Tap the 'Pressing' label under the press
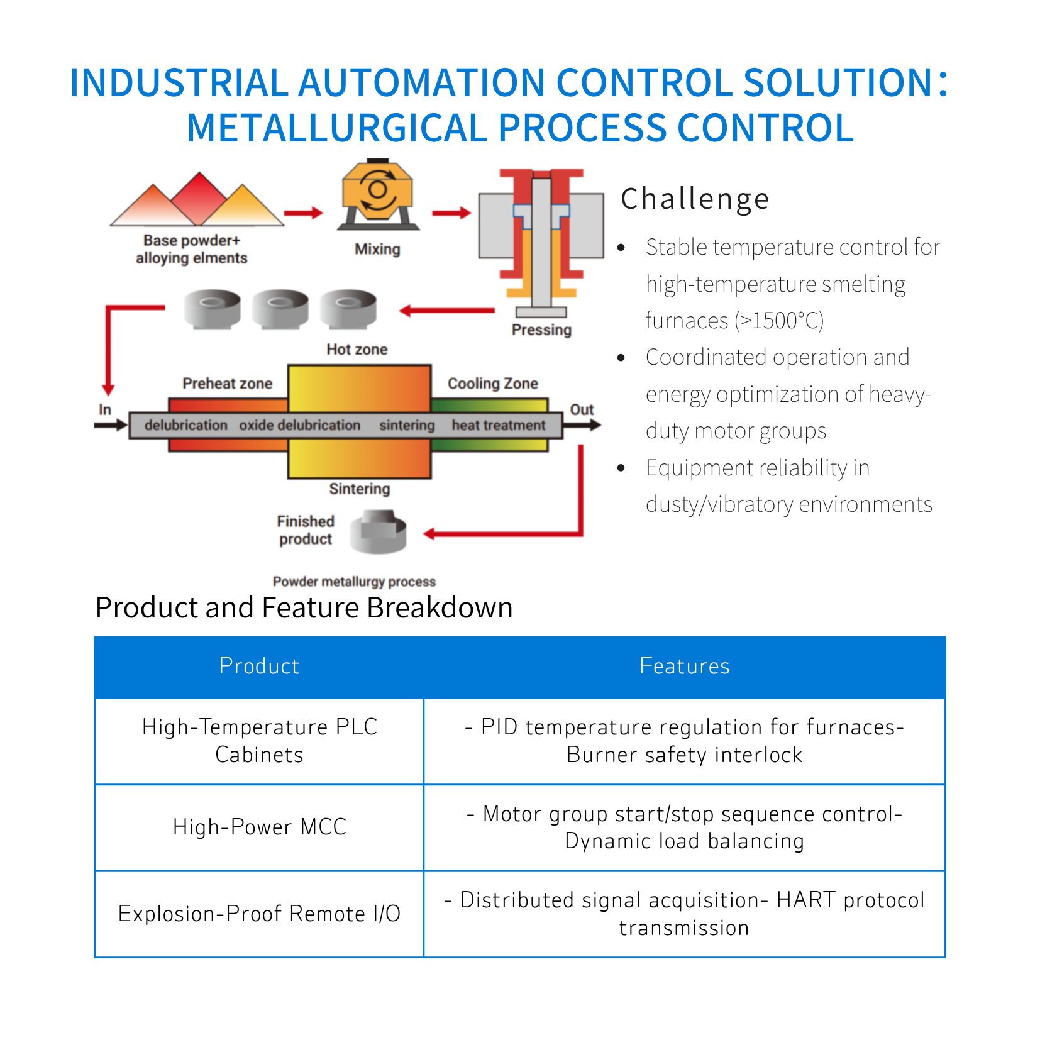point(541,329)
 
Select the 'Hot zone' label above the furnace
point(357,349)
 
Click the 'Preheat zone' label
point(227,383)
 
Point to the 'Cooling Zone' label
point(492,383)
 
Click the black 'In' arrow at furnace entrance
point(111,425)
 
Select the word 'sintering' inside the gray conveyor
point(407,425)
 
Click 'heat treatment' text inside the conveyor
point(499,425)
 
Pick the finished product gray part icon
point(379,532)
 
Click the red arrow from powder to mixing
point(303,213)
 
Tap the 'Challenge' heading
point(695,199)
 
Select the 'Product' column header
point(259,666)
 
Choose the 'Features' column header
point(684,666)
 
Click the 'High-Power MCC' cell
point(259,826)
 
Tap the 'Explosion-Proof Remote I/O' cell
point(259,913)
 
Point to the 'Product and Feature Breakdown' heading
point(304,607)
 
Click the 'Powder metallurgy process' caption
point(354,582)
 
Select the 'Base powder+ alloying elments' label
point(192,249)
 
